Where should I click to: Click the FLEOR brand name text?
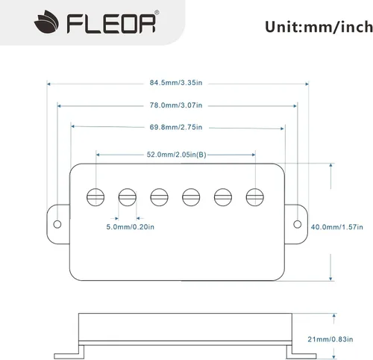pyautogui.click(x=111, y=24)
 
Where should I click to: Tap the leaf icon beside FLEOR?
pyautogui.click(x=46, y=22)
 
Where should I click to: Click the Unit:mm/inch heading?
pyautogui.click(x=319, y=27)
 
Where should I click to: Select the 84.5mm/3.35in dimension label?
pyautogui.click(x=176, y=83)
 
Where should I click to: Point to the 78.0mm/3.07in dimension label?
pyautogui.click(x=176, y=105)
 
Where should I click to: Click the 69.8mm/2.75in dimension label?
pyautogui.click(x=176, y=127)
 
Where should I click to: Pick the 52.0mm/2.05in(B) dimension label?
pyautogui.click(x=176, y=155)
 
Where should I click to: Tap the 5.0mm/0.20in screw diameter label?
pyautogui.click(x=130, y=227)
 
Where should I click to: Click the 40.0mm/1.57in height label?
pyautogui.click(x=336, y=227)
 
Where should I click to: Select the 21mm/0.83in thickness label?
pyautogui.click(x=330, y=339)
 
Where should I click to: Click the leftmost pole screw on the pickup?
pyautogui.click(x=95, y=197)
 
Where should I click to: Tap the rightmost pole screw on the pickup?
pyautogui.click(x=255, y=197)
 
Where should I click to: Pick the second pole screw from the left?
pyautogui.click(x=128, y=197)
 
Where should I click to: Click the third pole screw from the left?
pyautogui.click(x=159, y=197)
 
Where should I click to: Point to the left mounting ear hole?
pyautogui.click(x=57, y=224)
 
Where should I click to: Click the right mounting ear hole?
pyautogui.click(x=298, y=224)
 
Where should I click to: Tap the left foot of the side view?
pyautogui.click(x=69, y=353)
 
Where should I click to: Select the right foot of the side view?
pyautogui.click(x=301, y=353)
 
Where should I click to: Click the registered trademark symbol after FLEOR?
pyautogui.click(x=157, y=12)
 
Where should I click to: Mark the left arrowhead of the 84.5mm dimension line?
pyautogui.click(x=48, y=84)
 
